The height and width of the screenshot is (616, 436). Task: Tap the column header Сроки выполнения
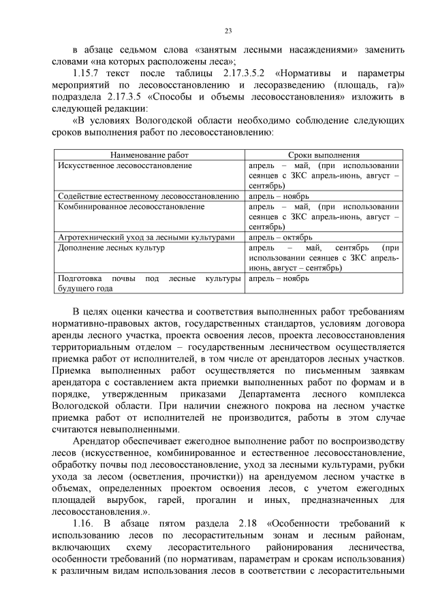pos(324,155)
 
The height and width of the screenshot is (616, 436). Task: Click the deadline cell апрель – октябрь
pos(281,238)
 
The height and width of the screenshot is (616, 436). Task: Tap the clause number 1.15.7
pos(89,73)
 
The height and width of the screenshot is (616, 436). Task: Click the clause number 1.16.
pos(85,523)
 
